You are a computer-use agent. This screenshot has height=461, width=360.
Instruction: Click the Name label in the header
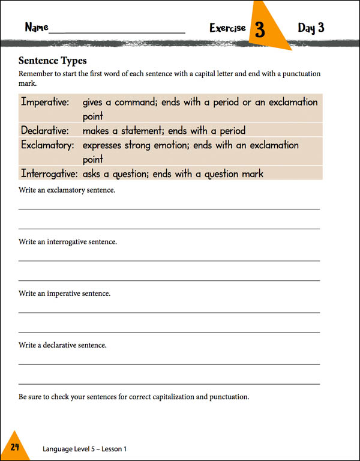pyautogui.click(x=36, y=28)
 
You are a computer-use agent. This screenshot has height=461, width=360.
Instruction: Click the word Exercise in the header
pyautogui.click(x=227, y=28)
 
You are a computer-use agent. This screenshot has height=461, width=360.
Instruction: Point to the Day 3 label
pyautogui.click(x=311, y=28)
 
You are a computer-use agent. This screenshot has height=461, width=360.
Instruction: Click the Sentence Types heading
pyautogui.click(x=53, y=61)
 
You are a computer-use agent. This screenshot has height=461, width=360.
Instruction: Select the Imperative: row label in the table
pyautogui.click(x=45, y=102)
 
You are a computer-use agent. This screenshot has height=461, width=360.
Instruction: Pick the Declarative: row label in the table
pyautogui.click(x=45, y=130)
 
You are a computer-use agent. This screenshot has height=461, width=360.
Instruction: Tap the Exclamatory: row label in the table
pyautogui.click(x=47, y=145)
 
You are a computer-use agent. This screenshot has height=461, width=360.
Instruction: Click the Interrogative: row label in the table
pyautogui.click(x=49, y=173)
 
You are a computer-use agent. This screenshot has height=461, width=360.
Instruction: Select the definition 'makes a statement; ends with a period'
pyautogui.click(x=164, y=130)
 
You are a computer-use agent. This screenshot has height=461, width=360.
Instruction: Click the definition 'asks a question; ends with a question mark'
pyautogui.click(x=173, y=173)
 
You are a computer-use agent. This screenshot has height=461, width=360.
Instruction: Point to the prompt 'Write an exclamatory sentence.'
pyautogui.click(x=67, y=190)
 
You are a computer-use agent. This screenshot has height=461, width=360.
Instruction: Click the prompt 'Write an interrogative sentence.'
pyautogui.click(x=68, y=242)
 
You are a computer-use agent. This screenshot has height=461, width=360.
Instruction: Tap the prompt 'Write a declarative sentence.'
pyautogui.click(x=62, y=345)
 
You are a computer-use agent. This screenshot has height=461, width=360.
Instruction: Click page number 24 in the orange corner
pyautogui.click(x=15, y=446)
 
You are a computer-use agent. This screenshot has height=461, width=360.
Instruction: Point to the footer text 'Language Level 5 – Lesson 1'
pyautogui.click(x=85, y=448)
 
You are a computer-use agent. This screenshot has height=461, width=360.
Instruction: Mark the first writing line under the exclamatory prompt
pyautogui.click(x=169, y=208)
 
